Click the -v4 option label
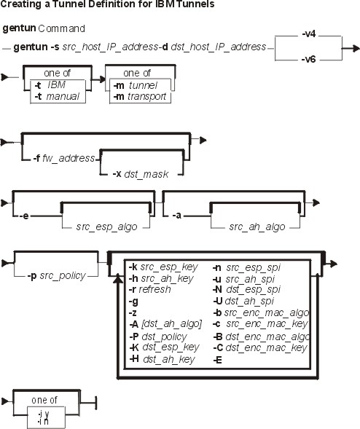(x=309, y=34)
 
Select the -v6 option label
(x=309, y=59)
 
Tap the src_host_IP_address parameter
(x=110, y=47)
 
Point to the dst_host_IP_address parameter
(x=218, y=47)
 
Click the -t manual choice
(x=57, y=96)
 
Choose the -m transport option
(x=140, y=97)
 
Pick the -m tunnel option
(x=136, y=85)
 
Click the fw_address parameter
(x=69, y=158)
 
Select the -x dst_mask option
(x=141, y=174)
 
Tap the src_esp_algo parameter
(x=106, y=227)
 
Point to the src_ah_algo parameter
(x=257, y=227)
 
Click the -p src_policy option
(x=56, y=275)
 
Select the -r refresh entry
(x=149, y=289)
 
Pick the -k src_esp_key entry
(x=163, y=267)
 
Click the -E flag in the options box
(x=217, y=360)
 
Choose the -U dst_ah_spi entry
(x=243, y=301)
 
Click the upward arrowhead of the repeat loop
(x=118, y=278)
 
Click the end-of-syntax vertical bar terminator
(x=95, y=403)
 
